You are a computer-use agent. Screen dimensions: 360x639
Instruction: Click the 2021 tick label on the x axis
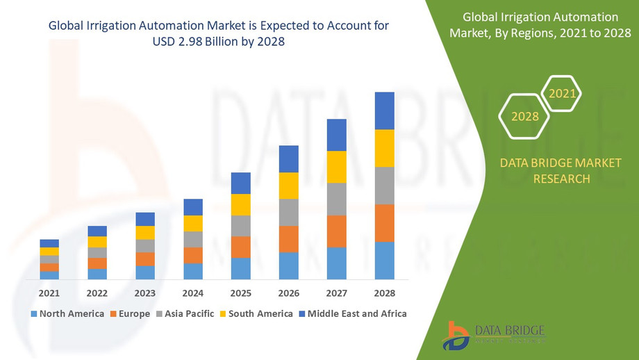coord(49,293)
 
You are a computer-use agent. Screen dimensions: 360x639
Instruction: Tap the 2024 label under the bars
coord(193,293)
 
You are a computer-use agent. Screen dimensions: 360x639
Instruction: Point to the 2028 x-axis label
coord(384,293)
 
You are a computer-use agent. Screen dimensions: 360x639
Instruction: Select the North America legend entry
coord(67,313)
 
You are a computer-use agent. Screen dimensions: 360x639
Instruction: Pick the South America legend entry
coord(256,313)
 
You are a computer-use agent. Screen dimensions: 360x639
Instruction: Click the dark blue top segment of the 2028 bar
coord(384,111)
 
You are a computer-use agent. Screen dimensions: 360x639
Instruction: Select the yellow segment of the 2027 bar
coord(337,167)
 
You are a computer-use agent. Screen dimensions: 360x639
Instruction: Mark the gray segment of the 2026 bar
coord(289,212)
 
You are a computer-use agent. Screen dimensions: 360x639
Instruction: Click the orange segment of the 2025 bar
coord(241,247)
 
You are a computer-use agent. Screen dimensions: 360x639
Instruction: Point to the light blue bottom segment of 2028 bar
coord(384,261)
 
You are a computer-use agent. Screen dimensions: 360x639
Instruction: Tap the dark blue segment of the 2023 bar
coord(145,219)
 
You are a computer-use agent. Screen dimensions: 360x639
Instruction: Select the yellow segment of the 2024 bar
coord(193,223)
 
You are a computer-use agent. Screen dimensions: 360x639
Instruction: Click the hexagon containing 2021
coord(561,92)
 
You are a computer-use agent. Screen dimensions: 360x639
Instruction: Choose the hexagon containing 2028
coord(525,116)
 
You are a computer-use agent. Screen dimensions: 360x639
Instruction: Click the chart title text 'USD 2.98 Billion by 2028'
coord(219,42)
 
